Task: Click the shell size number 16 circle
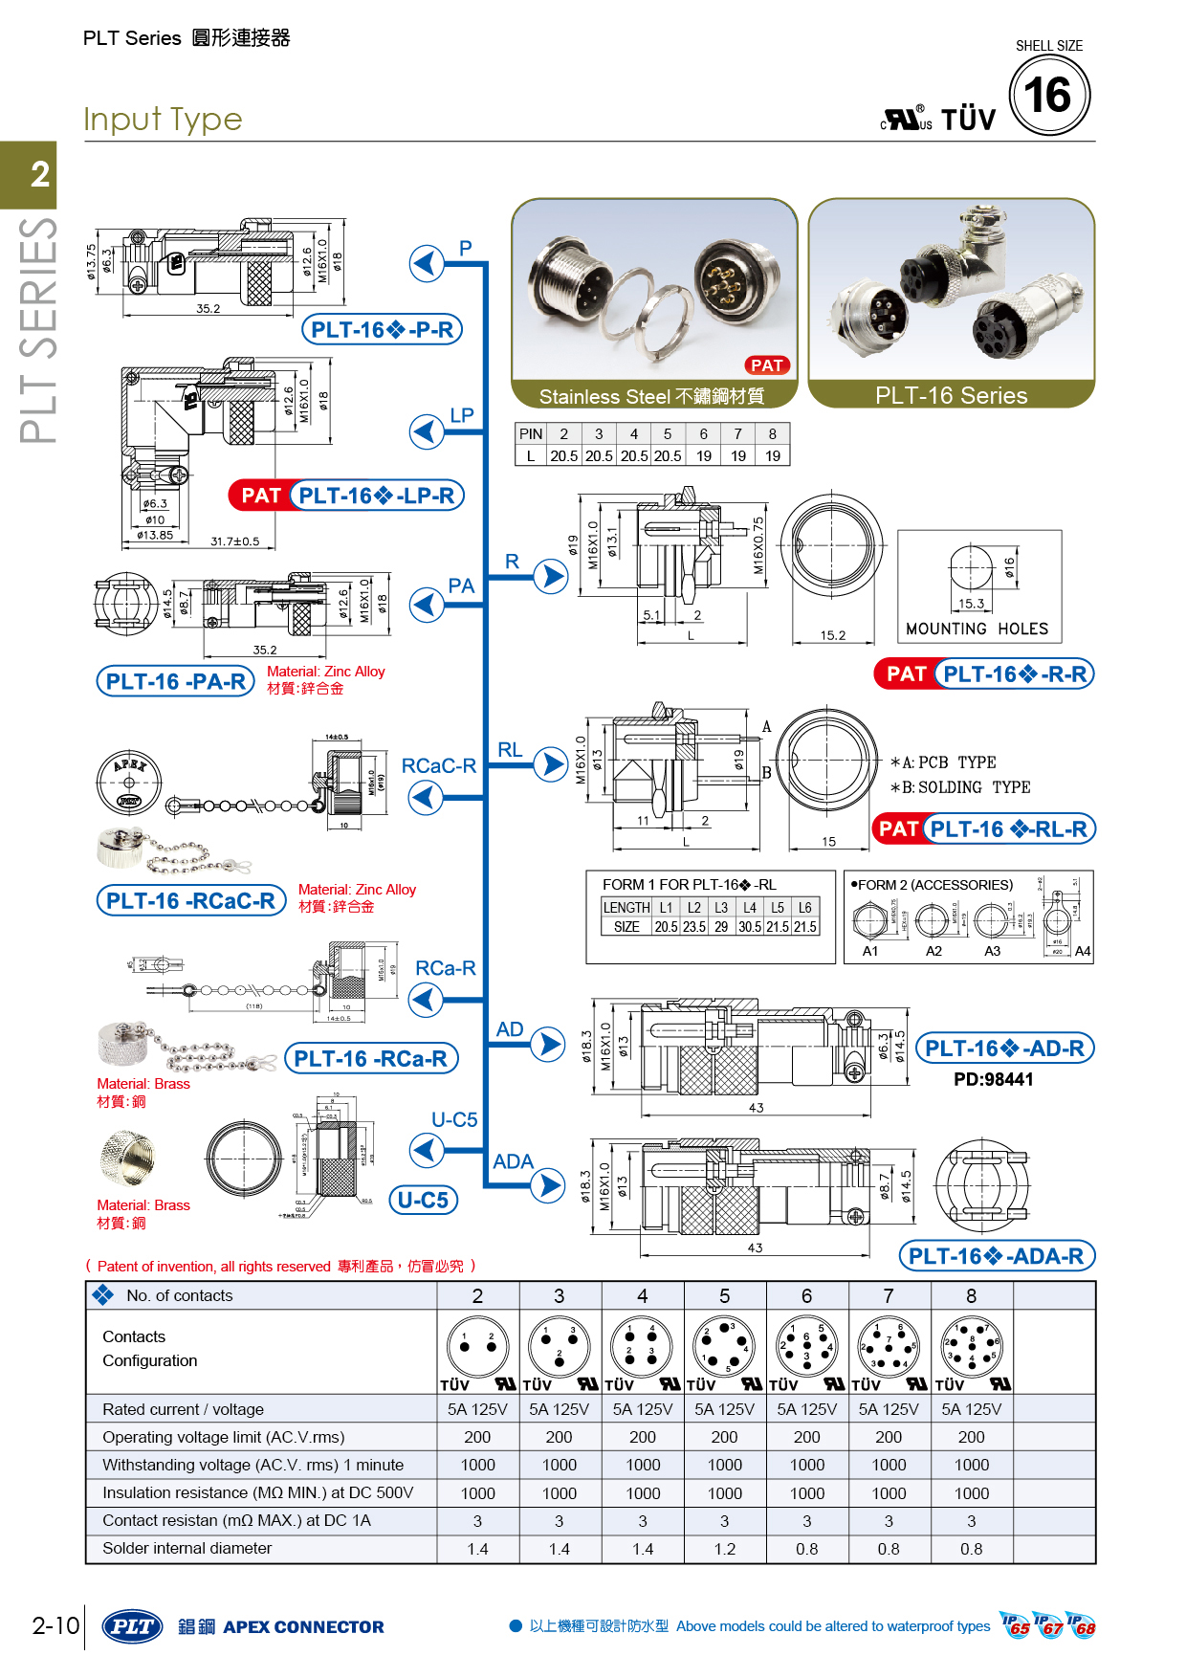(1049, 95)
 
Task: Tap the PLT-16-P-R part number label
(382, 330)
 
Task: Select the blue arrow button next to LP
(427, 431)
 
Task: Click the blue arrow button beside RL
(550, 763)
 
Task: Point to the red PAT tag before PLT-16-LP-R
(259, 496)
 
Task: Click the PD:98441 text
(993, 1079)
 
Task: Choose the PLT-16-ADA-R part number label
(996, 1256)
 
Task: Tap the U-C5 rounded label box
(423, 1200)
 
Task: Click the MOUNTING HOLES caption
(977, 629)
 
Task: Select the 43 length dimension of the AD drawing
(756, 1108)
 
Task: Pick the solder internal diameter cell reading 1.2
(725, 1549)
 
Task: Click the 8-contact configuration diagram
(971, 1344)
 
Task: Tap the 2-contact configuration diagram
(477, 1344)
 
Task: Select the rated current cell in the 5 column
(725, 1409)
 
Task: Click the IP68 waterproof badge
(1082, 1625)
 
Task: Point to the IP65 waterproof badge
(1017, 1625)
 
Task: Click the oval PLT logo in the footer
(132, 1626)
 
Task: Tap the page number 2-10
(55, 1625)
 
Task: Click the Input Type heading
(163, 120)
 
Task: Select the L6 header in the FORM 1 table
(805, 907)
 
